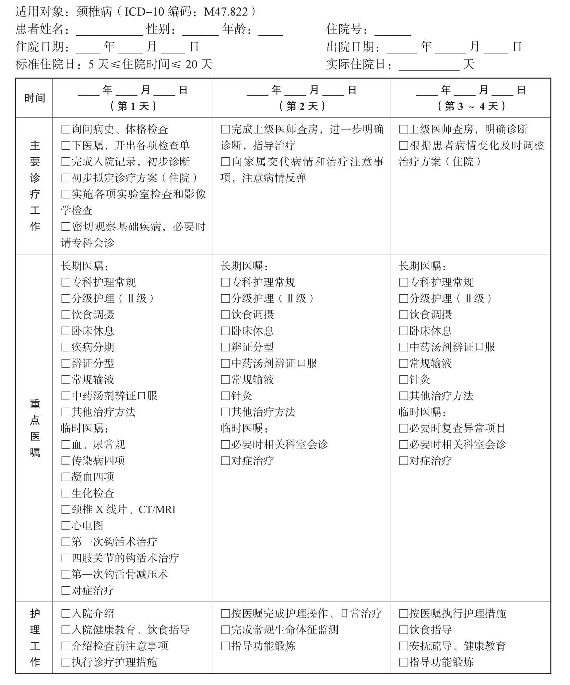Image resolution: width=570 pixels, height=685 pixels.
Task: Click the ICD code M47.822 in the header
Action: (x=226, y=12)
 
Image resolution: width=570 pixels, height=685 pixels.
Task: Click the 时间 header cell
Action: (x=34, y=98)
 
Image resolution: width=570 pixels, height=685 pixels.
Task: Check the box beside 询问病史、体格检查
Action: (x=66, y=129)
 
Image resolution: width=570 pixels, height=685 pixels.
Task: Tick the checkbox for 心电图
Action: (x=66, y=525)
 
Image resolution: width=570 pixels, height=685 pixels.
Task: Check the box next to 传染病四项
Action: (x=66, y=460)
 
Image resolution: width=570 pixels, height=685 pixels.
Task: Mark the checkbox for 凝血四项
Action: (x=66, y=477)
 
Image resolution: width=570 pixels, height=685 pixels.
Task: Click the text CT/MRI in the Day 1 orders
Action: (x=157, y=509)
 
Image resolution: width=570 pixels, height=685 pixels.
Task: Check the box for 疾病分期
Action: (x=66, y=347)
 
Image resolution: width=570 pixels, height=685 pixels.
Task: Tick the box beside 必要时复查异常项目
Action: (x=403, y=428)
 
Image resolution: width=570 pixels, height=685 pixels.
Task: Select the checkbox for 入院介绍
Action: (x=66, y=614)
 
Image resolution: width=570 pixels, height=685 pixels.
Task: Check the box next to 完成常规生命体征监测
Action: (x=226, y=630)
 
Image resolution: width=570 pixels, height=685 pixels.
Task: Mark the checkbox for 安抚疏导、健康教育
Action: (x=403, y=646)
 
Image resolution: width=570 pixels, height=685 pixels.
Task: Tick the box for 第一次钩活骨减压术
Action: (x=66, y=574)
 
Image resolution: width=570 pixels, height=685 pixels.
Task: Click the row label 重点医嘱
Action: (x=35, y=428)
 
